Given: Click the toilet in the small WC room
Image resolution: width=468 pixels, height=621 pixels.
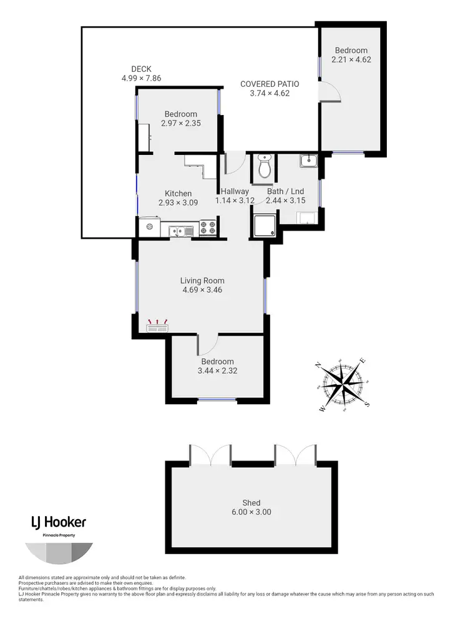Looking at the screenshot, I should click(x=265, y=168).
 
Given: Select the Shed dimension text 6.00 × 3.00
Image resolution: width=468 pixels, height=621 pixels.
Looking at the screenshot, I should click(x=251, y=512).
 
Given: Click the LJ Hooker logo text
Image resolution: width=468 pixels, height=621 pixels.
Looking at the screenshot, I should click(x=59, y=522).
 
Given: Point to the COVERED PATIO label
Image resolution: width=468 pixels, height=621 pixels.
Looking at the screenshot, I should click(x=270, y=84).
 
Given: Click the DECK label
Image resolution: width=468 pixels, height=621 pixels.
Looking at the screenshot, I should click(x=141, y=69).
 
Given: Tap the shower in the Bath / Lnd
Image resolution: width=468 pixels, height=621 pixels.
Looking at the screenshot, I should click(x=264, y=225).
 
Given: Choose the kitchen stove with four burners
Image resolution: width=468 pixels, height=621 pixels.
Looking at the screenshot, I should click(x=209, y=228).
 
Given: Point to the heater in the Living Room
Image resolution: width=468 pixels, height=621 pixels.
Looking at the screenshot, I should click(x=157, y=325).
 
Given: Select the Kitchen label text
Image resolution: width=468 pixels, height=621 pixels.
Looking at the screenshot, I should click(x=178, y=193).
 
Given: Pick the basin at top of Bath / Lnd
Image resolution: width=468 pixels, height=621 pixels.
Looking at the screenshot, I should click(x=309, y=161).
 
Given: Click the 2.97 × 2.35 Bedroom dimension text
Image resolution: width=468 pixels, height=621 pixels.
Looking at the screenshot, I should click(x=180, y=123).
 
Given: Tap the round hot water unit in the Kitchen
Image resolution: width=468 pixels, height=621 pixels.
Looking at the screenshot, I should click(x=149, y=227).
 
